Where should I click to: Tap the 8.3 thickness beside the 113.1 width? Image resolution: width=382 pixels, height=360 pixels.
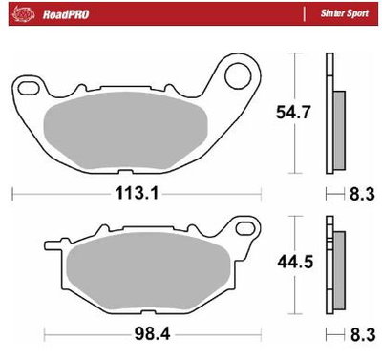tap(361, 194)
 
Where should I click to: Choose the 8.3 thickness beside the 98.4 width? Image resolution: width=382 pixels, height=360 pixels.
tap(361, 336)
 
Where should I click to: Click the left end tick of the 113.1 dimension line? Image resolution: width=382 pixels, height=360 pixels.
tap(11, 194)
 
